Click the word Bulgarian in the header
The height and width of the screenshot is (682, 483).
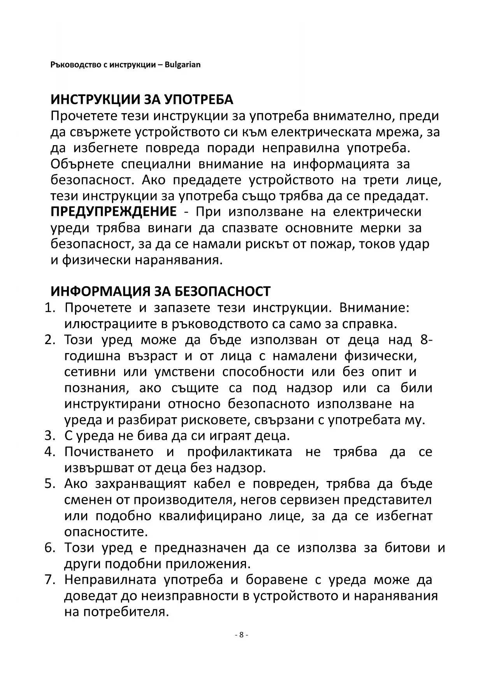click(183, 65)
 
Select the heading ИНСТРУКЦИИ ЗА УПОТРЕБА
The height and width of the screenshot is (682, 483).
click(142, 100)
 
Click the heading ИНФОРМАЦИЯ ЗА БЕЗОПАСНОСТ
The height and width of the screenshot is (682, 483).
click(160, 291)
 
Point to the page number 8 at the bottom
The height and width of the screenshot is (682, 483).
click(241, 635)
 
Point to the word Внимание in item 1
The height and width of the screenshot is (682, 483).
click(374, 308)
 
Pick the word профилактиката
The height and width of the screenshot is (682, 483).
click(240, 452)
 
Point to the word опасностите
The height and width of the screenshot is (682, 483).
click(106, 532)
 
